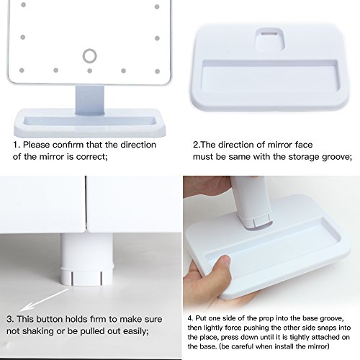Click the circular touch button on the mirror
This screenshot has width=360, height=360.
tap(90, 56)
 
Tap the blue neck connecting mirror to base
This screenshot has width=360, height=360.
tap(90, 100)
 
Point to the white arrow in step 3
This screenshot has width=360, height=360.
tap(44, 300)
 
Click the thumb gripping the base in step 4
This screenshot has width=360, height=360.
tap(221, 265)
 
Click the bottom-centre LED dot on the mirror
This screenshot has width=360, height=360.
tap(90, 71)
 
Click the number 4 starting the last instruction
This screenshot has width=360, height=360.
tap(190, 318)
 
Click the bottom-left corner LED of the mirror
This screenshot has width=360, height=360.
tap(22, 71)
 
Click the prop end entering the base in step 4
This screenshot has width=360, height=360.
tap(256, 222)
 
